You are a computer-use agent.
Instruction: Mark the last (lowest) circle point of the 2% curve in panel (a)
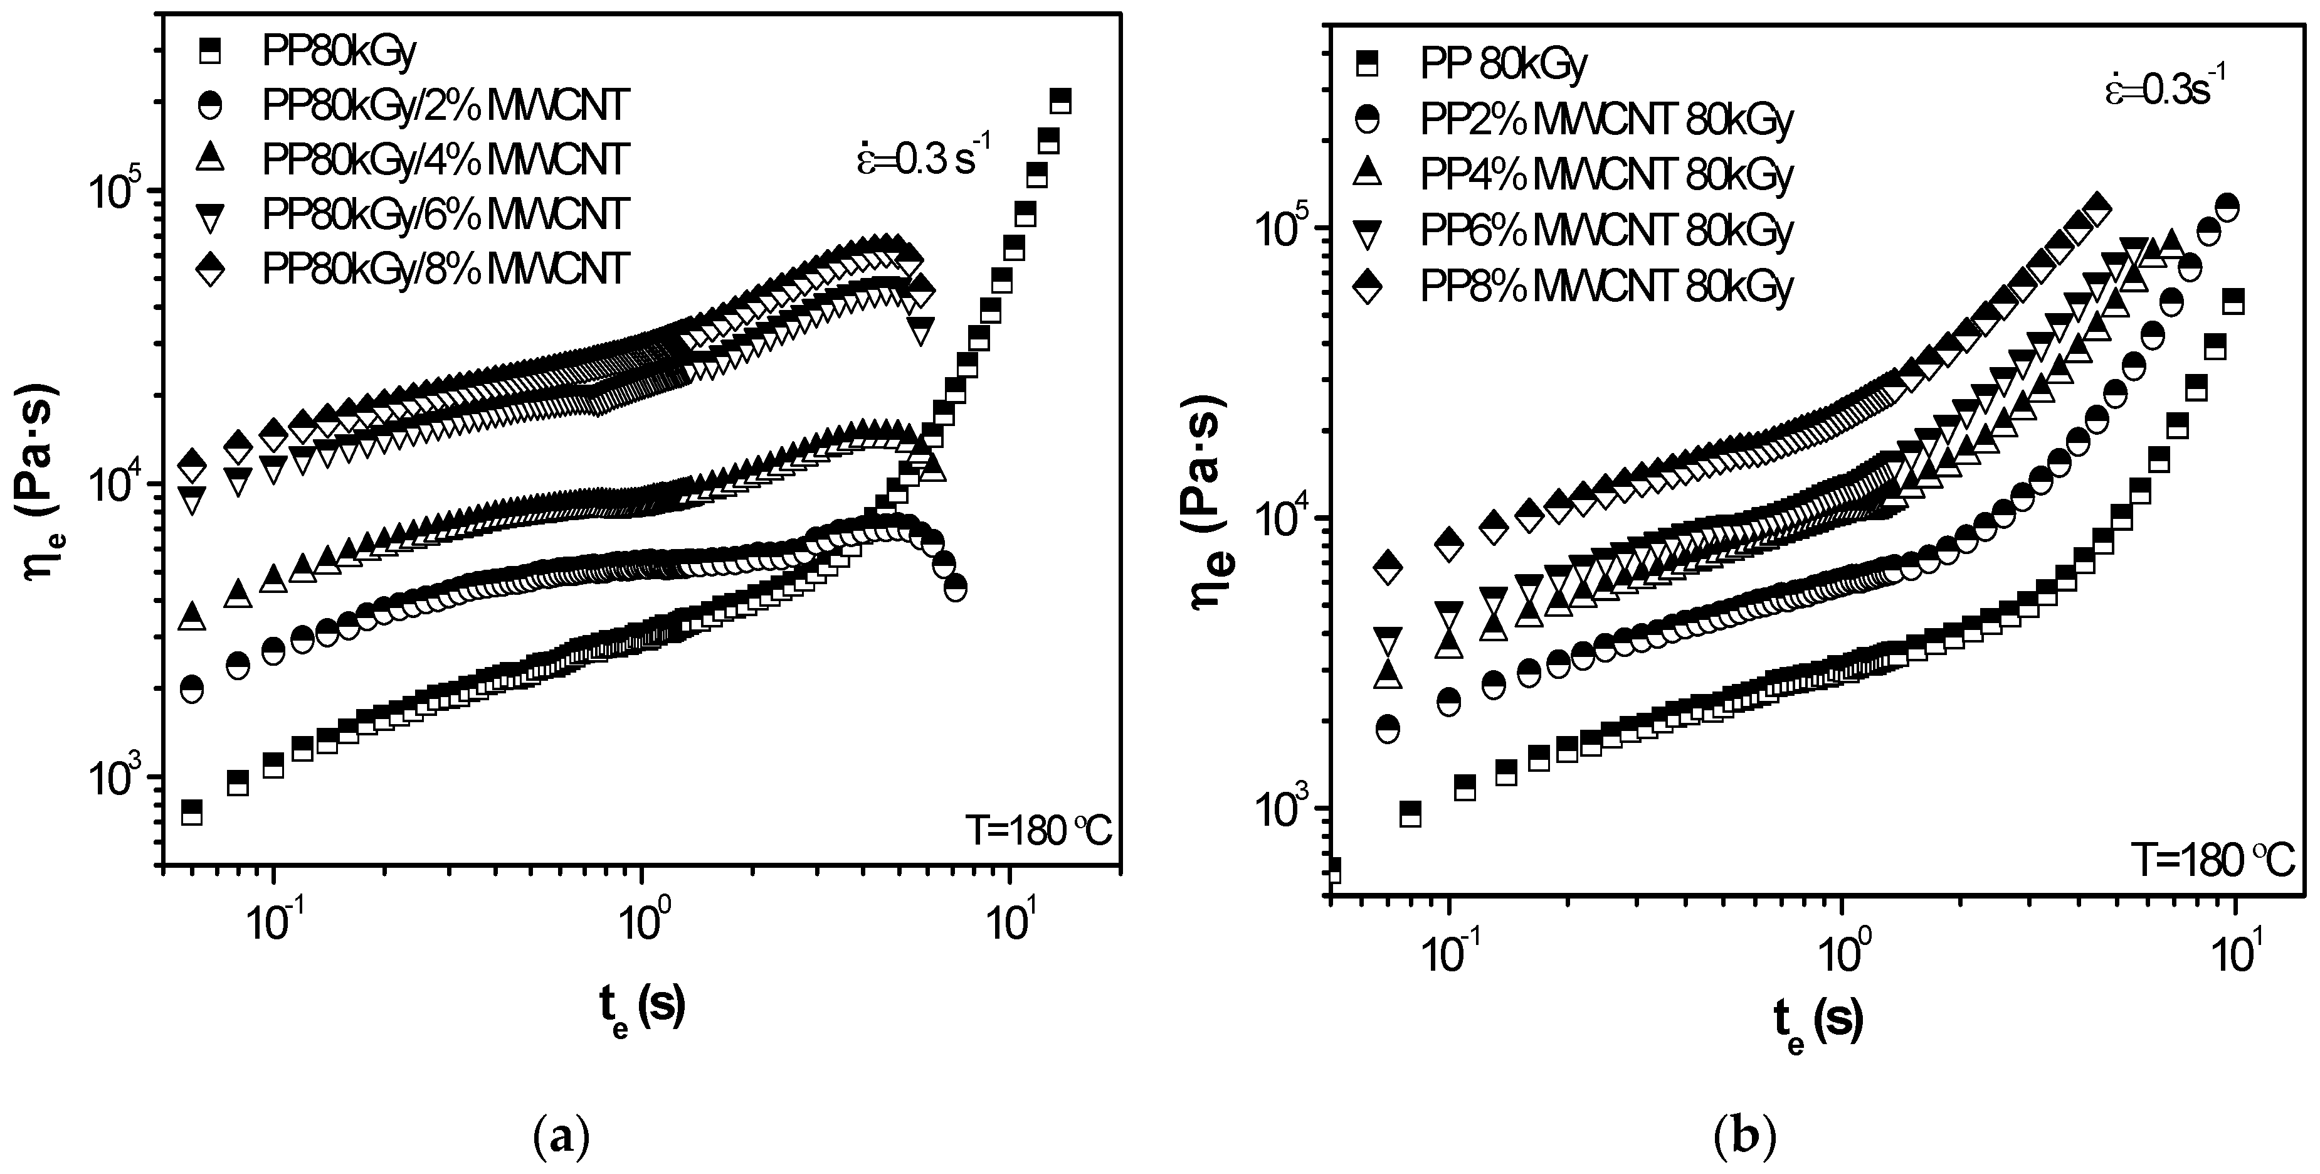(x=955, y=587)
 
